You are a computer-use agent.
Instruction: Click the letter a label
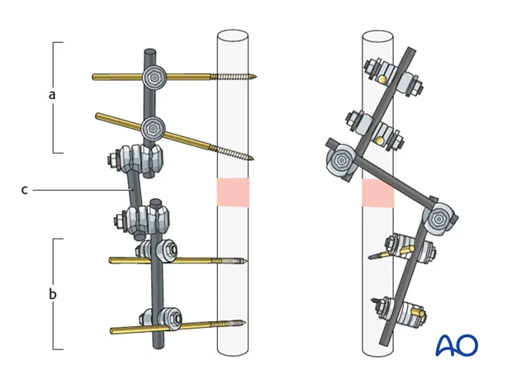pyautogui.click(x=52, y=94)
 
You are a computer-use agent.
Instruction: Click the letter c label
pyautogui.click(x=25, y=190)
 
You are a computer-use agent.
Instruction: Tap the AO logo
pyautogui.click(x=457, y=345)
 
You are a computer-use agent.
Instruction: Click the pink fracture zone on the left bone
pyautogui.click(x=232, y=192)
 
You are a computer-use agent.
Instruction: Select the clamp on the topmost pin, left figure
pyautogui.click(x=154, y=78)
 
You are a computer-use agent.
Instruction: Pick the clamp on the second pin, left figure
pyautogui.click(x=153, y=128)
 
